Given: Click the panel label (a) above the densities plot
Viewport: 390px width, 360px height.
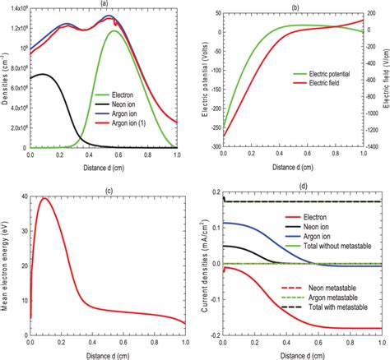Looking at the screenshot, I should [x=104, y=4].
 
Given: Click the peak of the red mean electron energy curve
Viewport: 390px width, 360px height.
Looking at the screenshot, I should [x=44, y=198].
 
